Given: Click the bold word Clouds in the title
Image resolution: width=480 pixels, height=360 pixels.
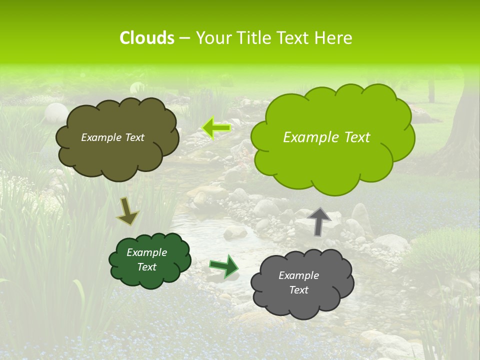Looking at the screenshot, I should [x=147, y=38].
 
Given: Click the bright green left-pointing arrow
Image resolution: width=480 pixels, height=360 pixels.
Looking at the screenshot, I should [x=216, y=128].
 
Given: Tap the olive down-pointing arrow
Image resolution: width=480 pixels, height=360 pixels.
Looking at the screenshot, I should [x=127, y=211].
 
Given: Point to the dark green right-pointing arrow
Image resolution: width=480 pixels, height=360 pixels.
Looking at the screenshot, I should [x=223, y=265].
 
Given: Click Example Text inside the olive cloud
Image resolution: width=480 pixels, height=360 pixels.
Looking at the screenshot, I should [x=112, y=137].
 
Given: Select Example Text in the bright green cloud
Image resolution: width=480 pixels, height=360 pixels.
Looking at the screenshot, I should [x=326, y=137].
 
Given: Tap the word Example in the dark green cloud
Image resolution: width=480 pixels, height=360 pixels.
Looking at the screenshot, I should [x=146, y=252].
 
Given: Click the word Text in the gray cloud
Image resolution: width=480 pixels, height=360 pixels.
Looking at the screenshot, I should [x=298, y=290].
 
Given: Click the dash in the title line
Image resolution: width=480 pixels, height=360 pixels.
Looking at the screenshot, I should [x=184, y=38].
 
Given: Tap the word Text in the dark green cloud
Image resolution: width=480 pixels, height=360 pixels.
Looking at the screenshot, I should [x=146, y=267].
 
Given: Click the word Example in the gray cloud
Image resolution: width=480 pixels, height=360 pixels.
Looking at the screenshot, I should [x=298, y=275].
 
